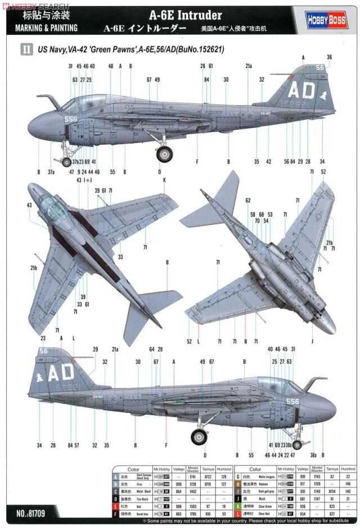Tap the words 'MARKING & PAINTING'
43,27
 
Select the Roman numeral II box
26,49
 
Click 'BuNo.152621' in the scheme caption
200,49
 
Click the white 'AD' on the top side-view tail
300,90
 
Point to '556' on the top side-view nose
71,119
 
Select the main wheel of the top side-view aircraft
165,153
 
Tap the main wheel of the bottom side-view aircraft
199,436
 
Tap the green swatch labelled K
238,505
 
